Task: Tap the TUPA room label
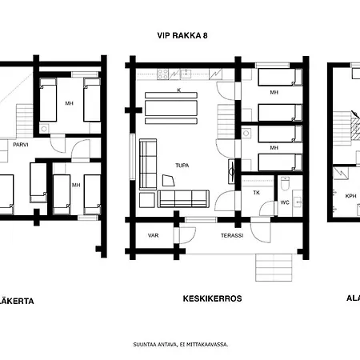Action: pos(183,166)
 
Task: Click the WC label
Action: pos(285,202)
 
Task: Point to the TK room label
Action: pos(256,193)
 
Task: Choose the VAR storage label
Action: pos(154,235)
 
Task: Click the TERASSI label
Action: pos(232,235)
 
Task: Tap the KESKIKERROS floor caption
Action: pos(211,298)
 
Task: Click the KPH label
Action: pos(350,195)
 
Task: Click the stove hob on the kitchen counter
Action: pos(162,74)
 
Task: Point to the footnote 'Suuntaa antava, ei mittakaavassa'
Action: pos(180,344)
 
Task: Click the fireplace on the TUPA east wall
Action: pos(231,168)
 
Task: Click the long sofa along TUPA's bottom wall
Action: pos(183,198)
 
